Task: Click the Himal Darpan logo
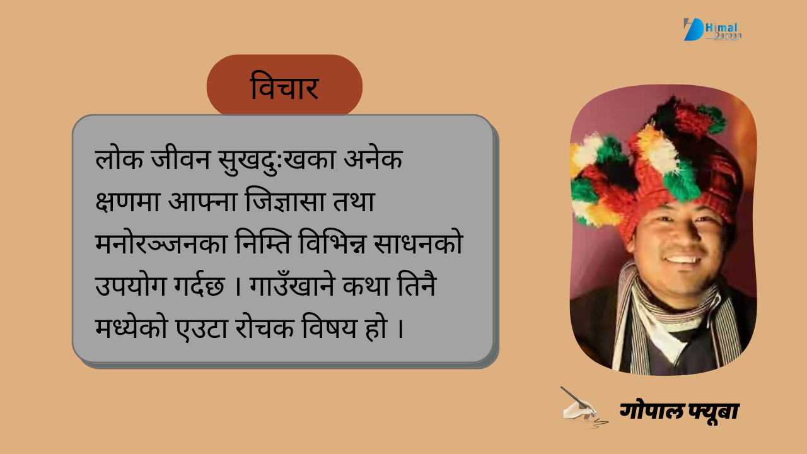coord(712,30)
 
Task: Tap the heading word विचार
coord(284,86)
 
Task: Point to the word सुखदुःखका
coord(277,161)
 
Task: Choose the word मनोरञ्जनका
coord(161,243)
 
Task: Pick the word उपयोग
coord(131,286)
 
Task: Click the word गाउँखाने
coord(292,284)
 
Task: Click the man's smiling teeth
coord(682,259)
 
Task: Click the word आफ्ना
coord(202,201)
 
